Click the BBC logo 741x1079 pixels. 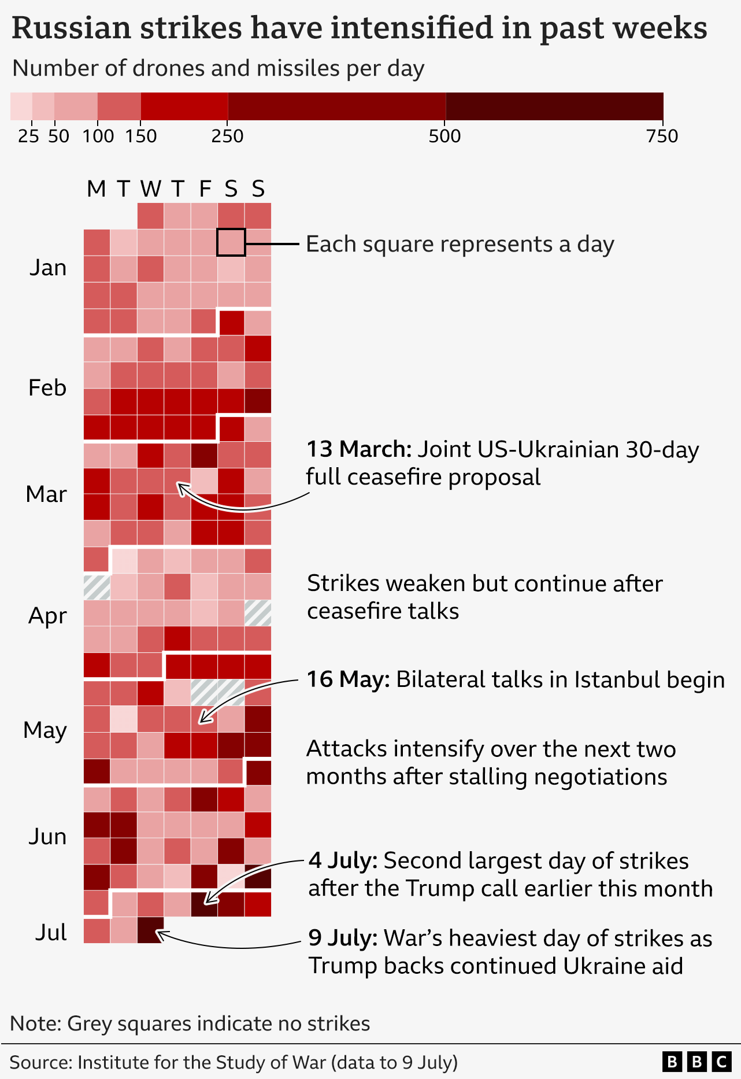696,1062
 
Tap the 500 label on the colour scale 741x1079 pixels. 445,136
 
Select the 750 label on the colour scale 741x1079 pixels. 662,136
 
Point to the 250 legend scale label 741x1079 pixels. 228,136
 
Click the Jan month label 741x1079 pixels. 48,268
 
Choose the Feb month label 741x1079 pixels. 47,387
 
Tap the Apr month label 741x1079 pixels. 47,616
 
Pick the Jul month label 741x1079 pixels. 51,932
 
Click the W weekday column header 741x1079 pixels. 150,189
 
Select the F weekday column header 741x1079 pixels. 205,189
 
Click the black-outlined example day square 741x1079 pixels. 231,242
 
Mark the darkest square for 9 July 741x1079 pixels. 150,930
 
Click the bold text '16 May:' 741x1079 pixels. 348,679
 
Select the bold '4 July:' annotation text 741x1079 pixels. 343,860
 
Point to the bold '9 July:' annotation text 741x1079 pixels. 343,938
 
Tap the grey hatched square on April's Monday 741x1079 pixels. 97,587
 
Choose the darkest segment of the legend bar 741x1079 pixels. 554,106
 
